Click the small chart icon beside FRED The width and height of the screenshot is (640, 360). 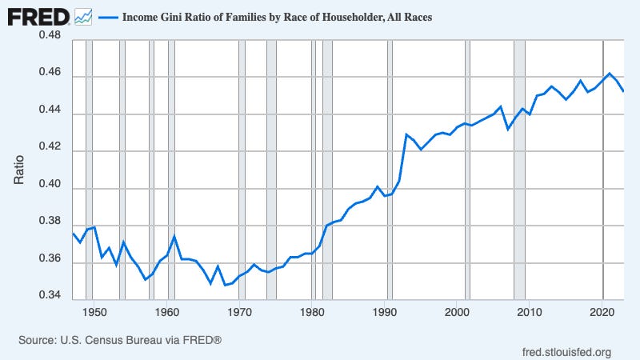[x=83, y=16]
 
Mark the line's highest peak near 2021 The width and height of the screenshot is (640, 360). [x=610, y=73]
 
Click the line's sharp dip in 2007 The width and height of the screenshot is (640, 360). [x=508, y=129]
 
